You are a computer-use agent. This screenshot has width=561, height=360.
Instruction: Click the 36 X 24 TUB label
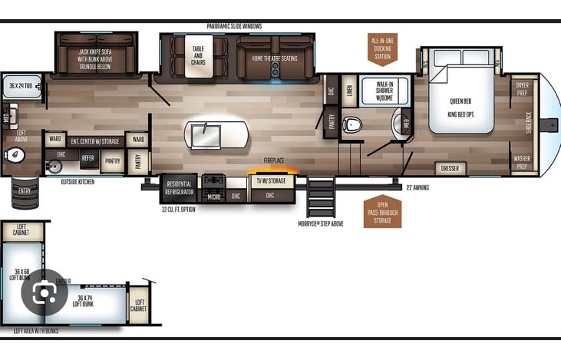click(x=19, y=86)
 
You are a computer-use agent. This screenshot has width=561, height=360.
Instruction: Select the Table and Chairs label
click(x=198, y=57)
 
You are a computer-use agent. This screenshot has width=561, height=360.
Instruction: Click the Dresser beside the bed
click(x=450, y=167)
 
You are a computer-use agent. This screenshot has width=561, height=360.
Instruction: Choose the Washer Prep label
click(x=522, y=162)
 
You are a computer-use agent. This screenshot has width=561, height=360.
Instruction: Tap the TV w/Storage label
click(x=269, y=182)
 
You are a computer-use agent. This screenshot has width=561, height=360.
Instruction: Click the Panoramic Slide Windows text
click(x=234, y=26)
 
